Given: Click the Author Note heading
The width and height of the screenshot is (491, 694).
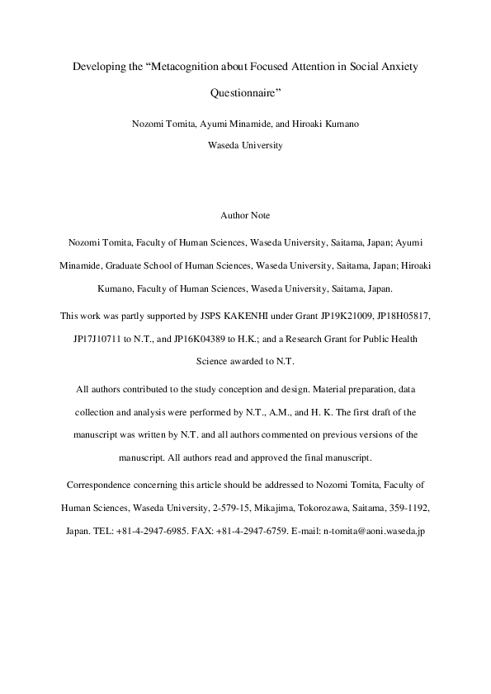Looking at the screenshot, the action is (x=245, y=215).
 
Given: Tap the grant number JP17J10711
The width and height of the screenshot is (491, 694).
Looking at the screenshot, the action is (x=97, y=339).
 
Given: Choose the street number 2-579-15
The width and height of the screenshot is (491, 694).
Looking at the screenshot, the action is (x=213, y=509).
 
